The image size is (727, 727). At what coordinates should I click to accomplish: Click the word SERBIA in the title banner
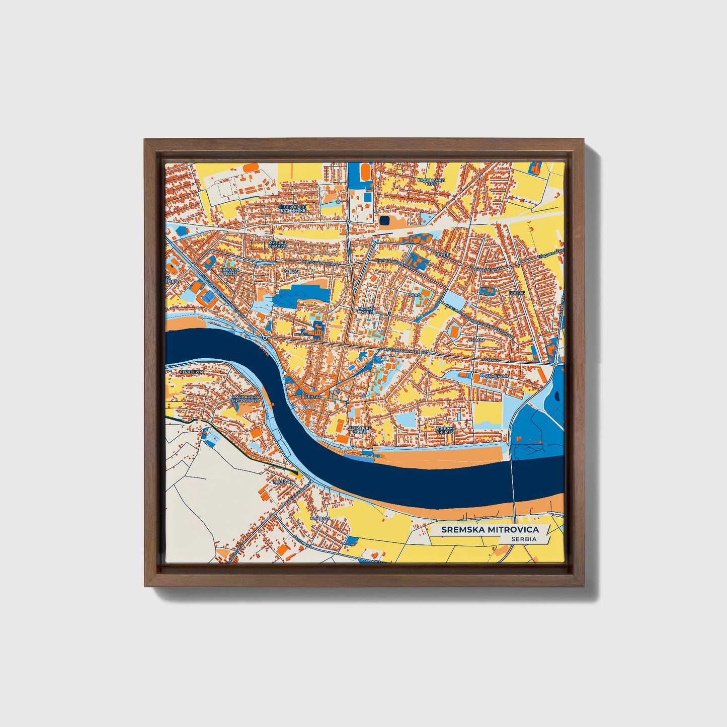[523, 539]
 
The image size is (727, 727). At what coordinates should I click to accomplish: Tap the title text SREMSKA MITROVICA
[490, 529]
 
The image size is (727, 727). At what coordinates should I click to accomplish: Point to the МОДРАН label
[282, 481]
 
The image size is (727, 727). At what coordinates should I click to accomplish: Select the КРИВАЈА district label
[320, 518]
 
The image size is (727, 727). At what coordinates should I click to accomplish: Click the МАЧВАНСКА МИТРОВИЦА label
[245, 399]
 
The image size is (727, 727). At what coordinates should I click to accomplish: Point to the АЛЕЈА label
[291, 271]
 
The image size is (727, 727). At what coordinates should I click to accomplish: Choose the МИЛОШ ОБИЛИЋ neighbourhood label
[277, 245]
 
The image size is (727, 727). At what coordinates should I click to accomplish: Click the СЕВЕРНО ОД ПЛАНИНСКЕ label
[292, 208]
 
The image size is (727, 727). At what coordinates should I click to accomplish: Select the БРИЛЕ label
[441, 255]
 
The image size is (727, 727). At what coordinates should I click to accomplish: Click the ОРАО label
[414, 295]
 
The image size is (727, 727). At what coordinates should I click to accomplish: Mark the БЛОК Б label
[517, 293]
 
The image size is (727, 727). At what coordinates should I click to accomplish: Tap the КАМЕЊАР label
[497, 376]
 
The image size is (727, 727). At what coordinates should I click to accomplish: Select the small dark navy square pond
[384, 220]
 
